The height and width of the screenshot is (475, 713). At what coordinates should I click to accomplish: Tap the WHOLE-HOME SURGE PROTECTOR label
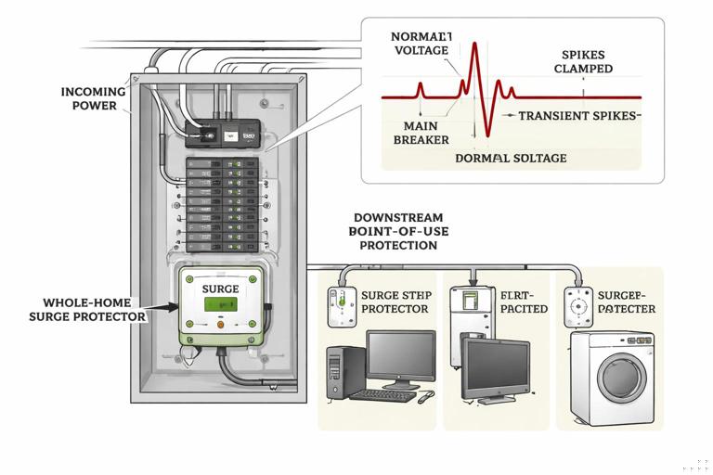tap(95, 310)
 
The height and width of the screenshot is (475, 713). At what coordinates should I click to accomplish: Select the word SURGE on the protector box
tap(220, 289)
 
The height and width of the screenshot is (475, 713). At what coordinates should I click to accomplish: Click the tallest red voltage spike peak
tap(473, 46)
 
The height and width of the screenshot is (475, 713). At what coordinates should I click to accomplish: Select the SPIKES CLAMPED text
tap(580, 62)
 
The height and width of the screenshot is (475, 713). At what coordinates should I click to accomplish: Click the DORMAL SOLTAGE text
tap(511, 159)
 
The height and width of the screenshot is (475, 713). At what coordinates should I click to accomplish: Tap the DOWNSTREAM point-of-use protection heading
tap(393, 231)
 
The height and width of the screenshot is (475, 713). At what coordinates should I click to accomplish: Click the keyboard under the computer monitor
tap(382, 395)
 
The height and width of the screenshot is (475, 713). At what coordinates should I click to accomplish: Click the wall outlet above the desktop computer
tap(340, 303)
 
